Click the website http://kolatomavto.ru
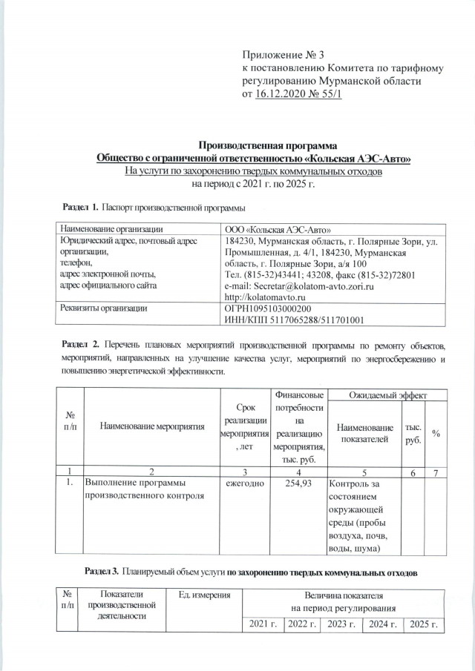[x=266, y=297]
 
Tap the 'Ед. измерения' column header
[x=205, y=595]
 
